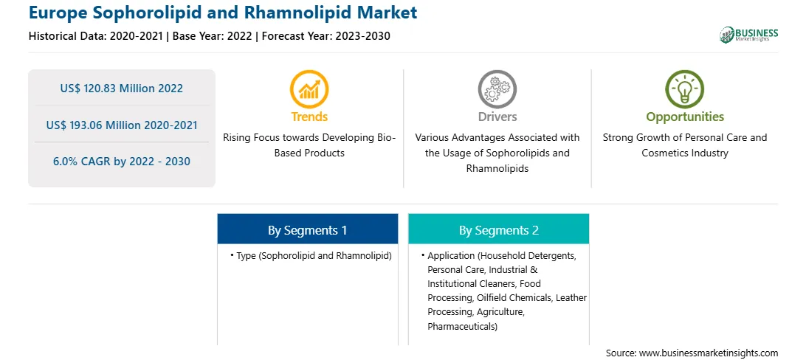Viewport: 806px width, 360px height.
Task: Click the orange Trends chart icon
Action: click(x=309, y=89)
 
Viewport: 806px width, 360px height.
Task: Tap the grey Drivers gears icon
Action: click(x=497, y=89)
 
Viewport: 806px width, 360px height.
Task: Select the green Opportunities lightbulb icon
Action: click(x=685, y=89)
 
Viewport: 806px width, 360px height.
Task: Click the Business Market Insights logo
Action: click(x=749, y=35)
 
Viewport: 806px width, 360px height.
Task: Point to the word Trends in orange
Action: click(x=309, y=117)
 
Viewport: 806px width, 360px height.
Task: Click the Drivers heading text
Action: click(x=497, y=117)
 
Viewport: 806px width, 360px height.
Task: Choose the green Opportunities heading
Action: click(x=685, y=117)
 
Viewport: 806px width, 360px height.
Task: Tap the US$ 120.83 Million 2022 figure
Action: click(x=121, y=89)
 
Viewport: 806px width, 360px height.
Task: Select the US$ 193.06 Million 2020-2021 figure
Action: click(x=122, y=125)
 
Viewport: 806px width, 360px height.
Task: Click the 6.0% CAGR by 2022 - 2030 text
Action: click(x=122, y=162)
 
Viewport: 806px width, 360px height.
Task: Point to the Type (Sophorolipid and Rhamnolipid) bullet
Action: click(x=311, y=256)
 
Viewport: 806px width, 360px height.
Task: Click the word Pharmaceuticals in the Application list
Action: click(x=460, y=326)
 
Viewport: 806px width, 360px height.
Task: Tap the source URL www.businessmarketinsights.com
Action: click(x=709, y=353)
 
